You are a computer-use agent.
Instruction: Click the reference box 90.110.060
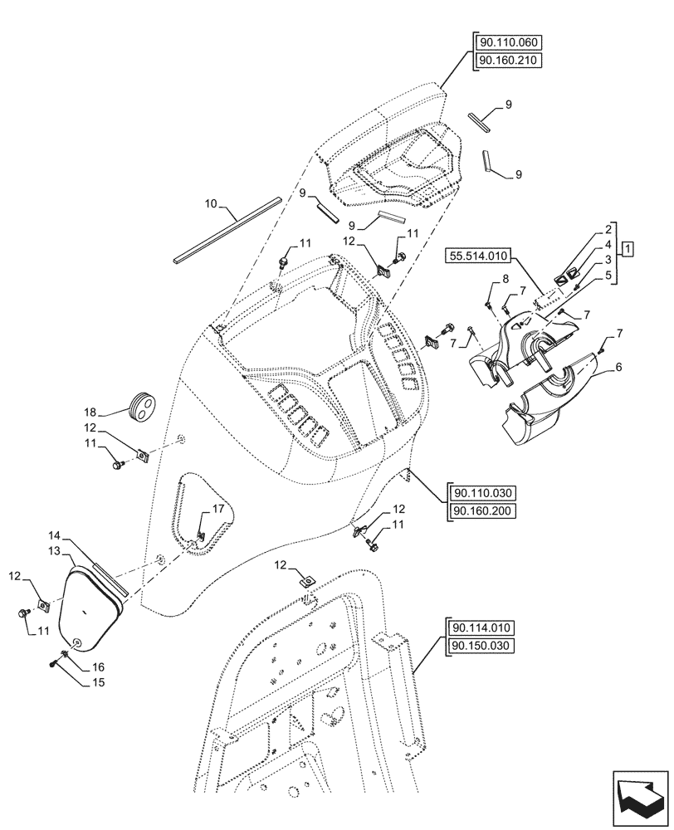click(x=508, y=43)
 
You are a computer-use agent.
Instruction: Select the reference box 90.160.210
click(x=508, y=61)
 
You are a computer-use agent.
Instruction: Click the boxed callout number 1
click(x=629, y=248)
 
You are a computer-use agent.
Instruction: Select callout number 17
click(x=217, y=509)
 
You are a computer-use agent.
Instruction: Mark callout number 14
click(x=54, y=538)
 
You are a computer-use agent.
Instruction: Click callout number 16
click(x=99, y=667)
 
